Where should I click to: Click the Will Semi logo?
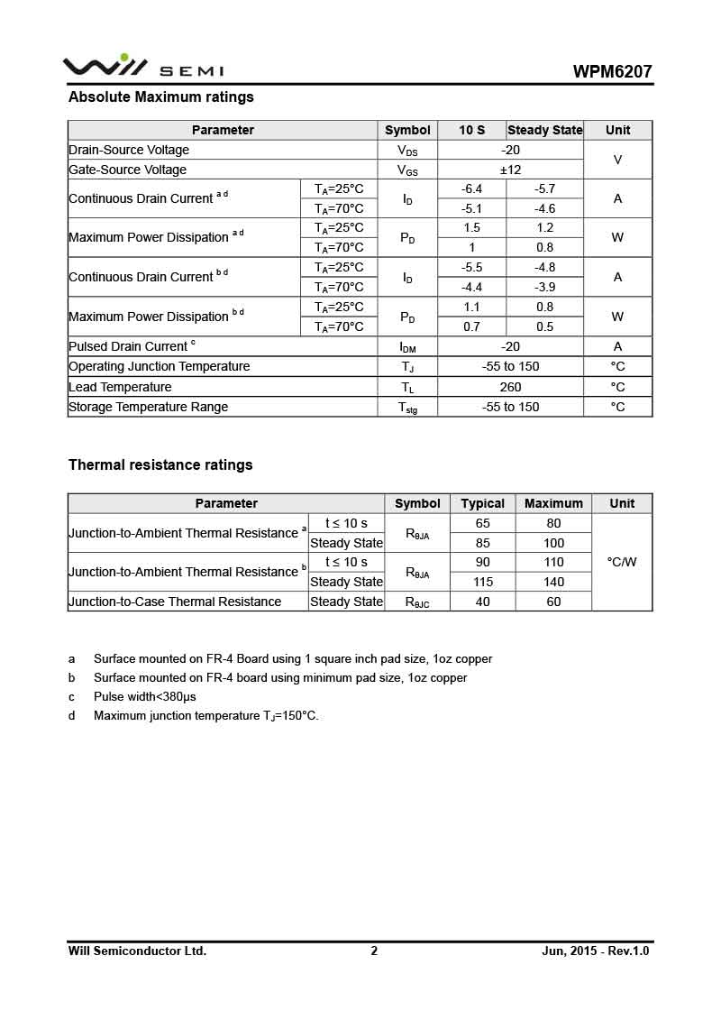142,68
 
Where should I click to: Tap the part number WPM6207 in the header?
612,72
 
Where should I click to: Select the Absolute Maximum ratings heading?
161,97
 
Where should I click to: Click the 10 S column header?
471,130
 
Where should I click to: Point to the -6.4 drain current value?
471,189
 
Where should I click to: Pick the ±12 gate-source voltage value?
510,170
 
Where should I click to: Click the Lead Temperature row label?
120,387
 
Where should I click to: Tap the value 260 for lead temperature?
510,387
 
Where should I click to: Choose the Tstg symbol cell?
407,408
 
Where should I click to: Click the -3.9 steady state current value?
544,288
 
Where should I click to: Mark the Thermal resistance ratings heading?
160,465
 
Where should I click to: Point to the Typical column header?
482,503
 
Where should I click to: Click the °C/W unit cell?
622,562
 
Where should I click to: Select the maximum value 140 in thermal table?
553,582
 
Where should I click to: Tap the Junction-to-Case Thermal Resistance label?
175,602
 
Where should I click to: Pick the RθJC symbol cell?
417,602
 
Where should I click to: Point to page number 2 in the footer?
374,951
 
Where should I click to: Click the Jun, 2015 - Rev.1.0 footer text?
595,951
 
